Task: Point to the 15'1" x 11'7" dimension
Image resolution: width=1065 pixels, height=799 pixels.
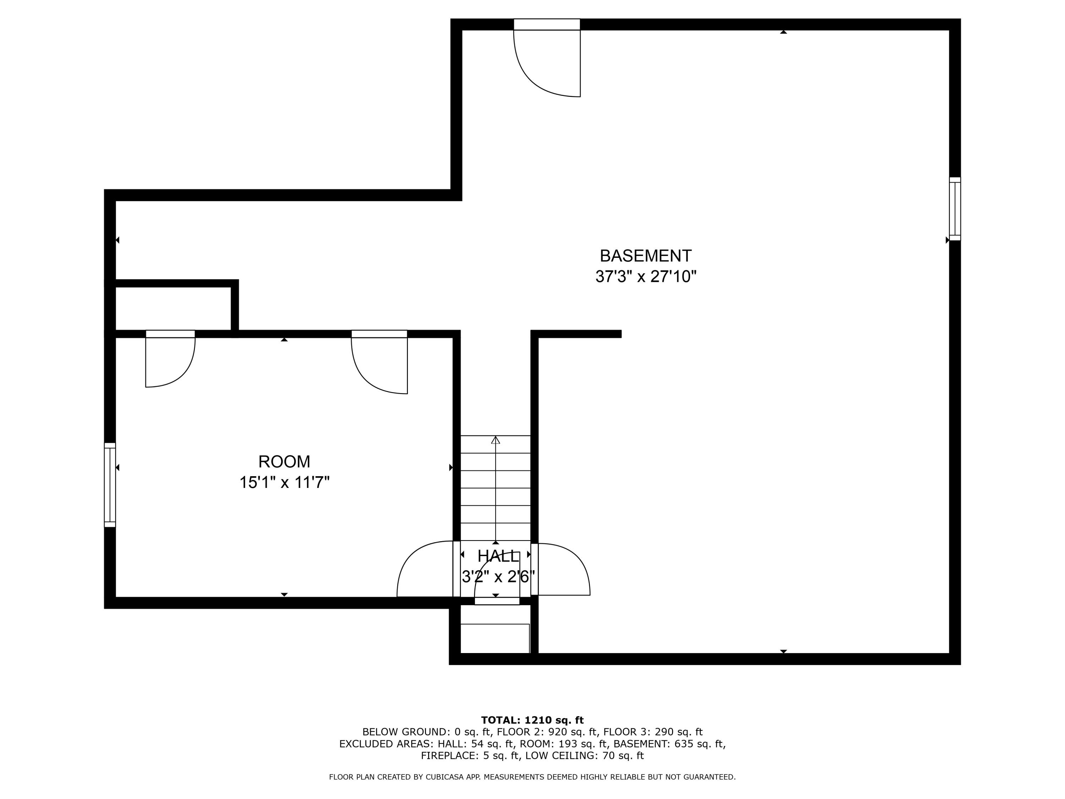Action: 284,482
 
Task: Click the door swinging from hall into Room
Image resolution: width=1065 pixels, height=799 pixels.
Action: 426,571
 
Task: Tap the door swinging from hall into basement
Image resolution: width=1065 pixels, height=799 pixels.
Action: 562,571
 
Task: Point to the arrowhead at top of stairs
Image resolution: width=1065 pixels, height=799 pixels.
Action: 496,440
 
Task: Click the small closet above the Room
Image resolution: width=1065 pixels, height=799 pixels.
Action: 173,308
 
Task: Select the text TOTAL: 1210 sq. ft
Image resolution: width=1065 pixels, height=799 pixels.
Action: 532,720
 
